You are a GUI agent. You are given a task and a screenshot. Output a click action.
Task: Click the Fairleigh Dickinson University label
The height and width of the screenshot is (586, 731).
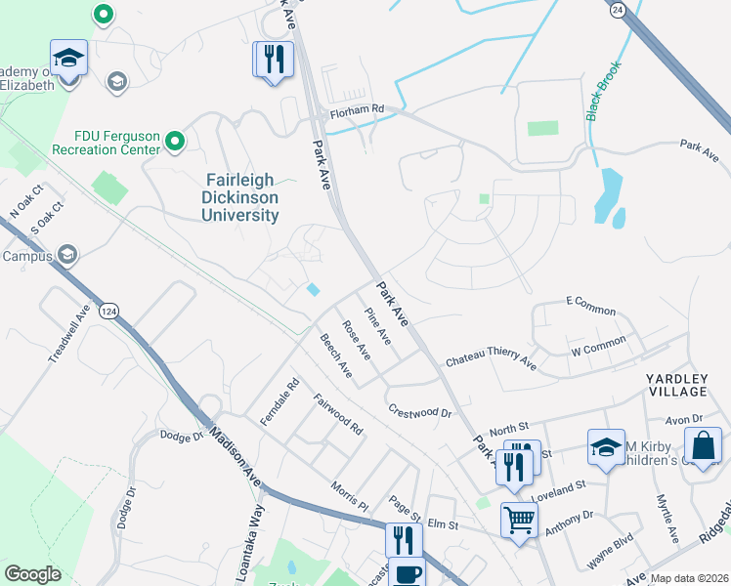coord(241,196)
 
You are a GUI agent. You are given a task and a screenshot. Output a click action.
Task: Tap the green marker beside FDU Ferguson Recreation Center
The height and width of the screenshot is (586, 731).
coord(175,143)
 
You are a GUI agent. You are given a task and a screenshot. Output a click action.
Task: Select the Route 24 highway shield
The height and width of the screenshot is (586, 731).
coord(617,9)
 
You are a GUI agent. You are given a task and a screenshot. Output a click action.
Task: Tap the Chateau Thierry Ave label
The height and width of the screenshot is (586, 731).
coord(491,361)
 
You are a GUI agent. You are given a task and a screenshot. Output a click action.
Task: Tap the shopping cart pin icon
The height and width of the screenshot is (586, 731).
coord(519,518)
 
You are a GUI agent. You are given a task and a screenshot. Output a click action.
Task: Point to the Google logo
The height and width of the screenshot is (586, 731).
coord(32,573)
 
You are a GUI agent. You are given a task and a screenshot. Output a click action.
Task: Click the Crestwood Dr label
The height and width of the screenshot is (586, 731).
coord(419,412)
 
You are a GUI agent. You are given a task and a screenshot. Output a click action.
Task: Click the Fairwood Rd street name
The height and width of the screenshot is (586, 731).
coord(338,413)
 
